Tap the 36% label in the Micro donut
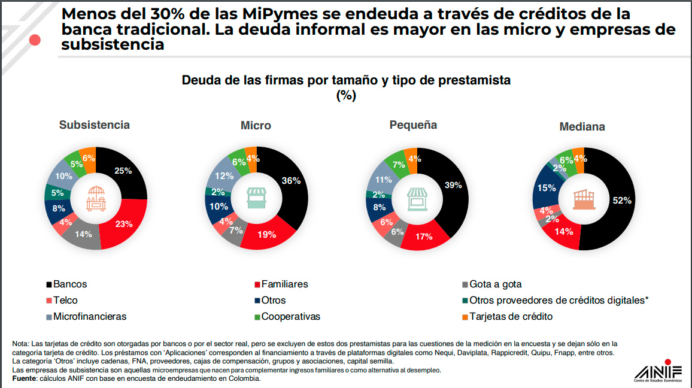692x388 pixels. [x=291, y=180]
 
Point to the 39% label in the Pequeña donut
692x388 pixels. [x=453, y=185]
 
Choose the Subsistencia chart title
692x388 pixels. [x=94, y=125]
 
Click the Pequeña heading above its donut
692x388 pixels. [x=413, y=125]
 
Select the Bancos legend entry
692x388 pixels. [x=69, y=284]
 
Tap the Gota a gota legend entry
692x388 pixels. [x=496, y=284]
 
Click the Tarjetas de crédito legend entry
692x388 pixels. [x=511, y=317]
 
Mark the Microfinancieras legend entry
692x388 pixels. [x=90, y=317]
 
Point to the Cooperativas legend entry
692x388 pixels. [x=290, y=317]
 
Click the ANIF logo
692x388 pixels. [x=657, y=371]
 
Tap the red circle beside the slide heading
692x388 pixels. [x=35, y=40]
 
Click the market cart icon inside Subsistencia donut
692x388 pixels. [x=96, y=198]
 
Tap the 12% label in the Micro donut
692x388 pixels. [x=224, y=176]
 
